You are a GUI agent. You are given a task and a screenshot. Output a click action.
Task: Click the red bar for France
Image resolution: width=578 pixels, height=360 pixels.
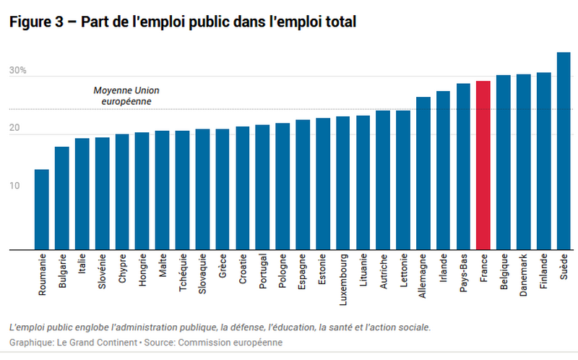pos(483,166)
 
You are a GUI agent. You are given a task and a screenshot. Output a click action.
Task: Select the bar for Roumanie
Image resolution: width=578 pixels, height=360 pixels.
pos(42,210)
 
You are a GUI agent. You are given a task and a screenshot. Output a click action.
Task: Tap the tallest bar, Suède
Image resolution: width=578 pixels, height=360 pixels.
pos(564,151)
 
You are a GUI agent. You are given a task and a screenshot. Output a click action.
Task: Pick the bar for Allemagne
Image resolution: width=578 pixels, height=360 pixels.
pos(423,173)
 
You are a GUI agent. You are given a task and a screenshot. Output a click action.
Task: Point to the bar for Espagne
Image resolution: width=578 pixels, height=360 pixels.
pos(303,185)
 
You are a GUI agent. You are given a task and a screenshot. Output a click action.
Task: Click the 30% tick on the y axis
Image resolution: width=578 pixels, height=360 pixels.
pos(18,71)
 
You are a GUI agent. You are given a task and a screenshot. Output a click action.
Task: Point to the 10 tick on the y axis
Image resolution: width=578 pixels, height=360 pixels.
pos(14,186)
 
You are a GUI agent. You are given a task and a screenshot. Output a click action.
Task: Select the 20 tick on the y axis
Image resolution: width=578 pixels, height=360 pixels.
pos(14,129)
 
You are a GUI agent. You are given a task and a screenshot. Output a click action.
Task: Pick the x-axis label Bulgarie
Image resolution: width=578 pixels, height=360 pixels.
pos(63,274)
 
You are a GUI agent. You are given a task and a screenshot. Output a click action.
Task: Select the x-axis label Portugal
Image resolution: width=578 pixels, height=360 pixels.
pos(263,274)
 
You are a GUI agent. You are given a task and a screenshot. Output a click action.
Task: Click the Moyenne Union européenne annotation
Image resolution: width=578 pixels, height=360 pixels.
pos(126,96)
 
